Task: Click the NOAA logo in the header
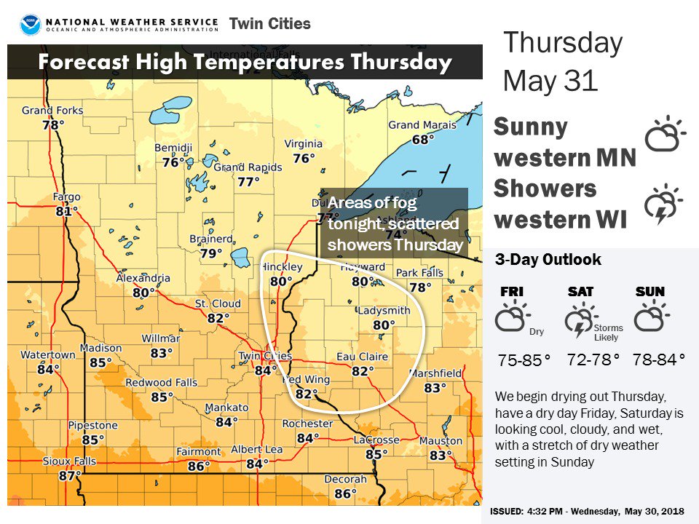(x=31, y=25)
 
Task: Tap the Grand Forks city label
(x=52, y=111)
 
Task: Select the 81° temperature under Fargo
(x=66, y=211)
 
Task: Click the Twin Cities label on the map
(x=264, y=356)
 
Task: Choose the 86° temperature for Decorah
(x=345, y=493)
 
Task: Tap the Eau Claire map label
(x=360, y=357)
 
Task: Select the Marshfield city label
(x=435, y=373)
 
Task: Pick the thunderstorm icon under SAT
(x=580, y=322)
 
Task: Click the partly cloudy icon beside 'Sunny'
(x=666, y=135)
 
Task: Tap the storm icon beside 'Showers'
(x=663, y=205)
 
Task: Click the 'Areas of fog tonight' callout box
(x=394, y=223)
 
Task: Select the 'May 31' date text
(x=550, y=79)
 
